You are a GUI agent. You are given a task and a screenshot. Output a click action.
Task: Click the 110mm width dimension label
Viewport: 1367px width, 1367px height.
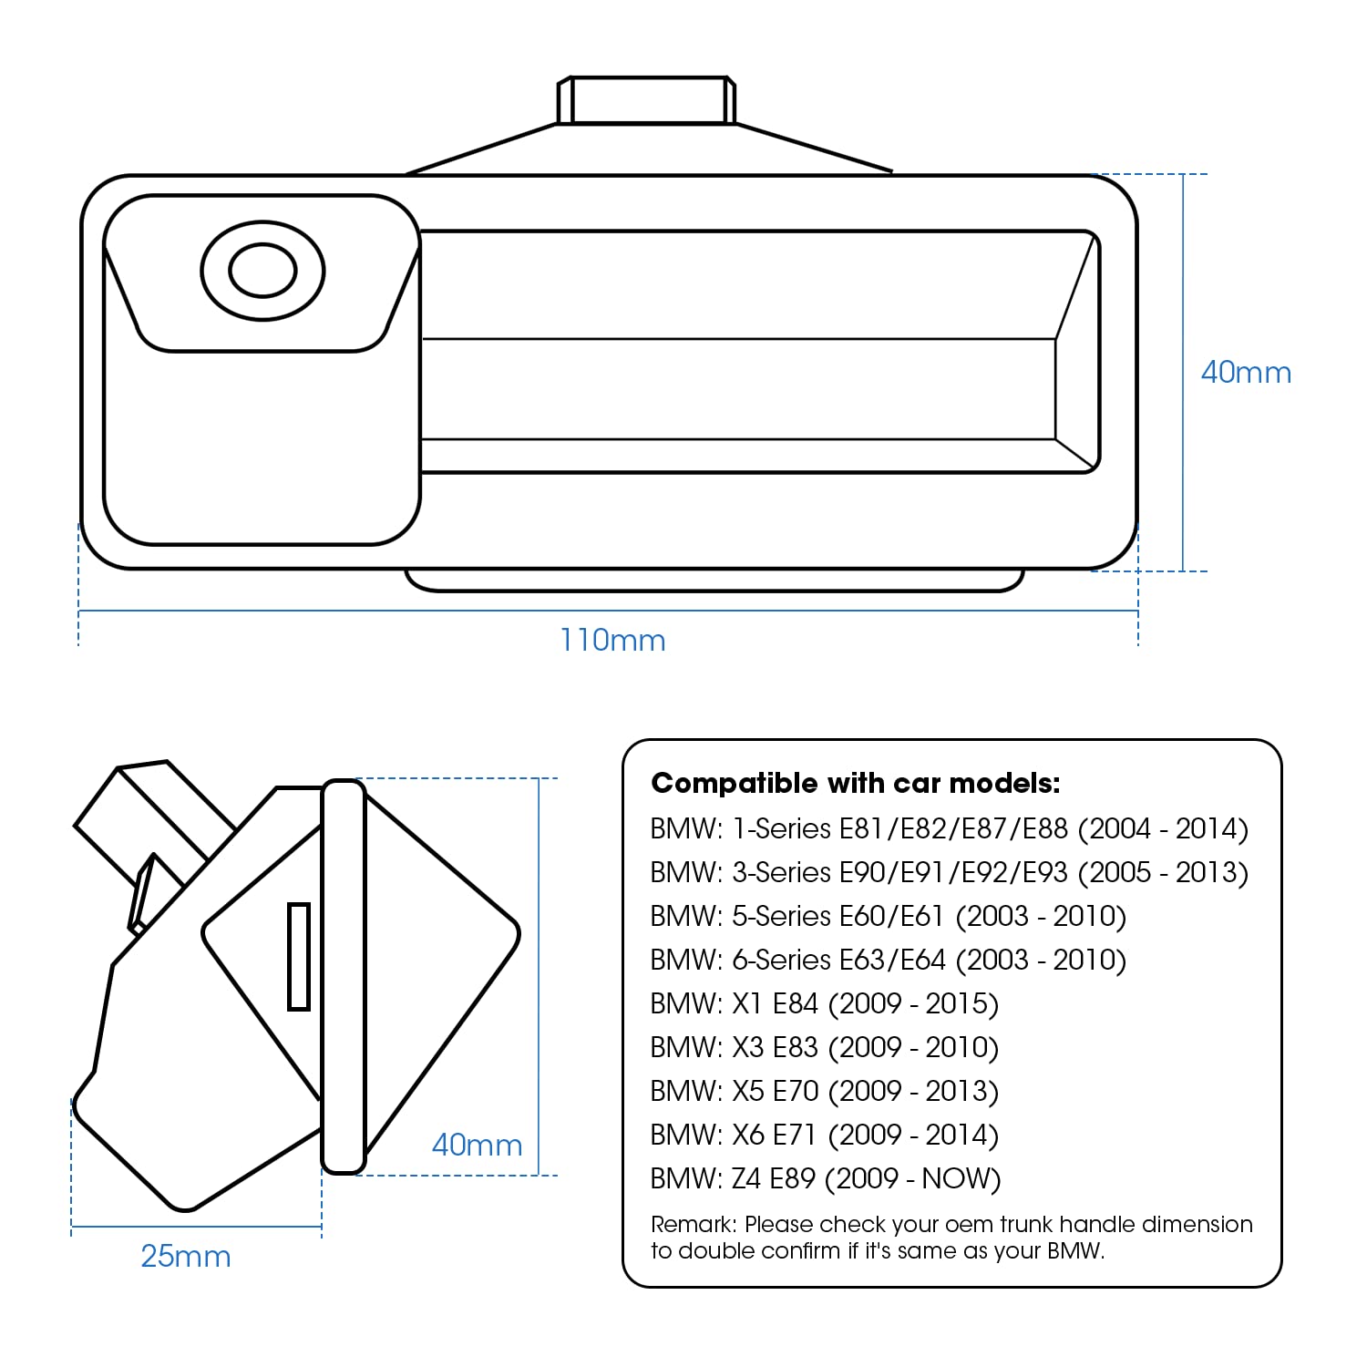coord(612,640)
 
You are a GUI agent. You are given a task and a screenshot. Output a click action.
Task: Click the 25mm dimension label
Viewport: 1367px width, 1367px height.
coord(186,1256)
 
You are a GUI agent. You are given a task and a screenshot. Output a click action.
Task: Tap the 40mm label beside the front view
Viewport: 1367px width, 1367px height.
coord(1246,372)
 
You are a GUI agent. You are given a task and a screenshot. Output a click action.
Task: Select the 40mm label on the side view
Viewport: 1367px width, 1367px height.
coord(477,1145)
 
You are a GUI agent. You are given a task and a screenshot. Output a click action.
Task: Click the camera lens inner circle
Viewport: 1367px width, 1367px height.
coord(262,271)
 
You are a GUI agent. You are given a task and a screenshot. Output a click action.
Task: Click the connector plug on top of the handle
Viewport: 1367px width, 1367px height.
coord(646,99)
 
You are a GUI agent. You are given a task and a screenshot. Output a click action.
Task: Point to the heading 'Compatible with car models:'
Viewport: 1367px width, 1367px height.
coord(856,783)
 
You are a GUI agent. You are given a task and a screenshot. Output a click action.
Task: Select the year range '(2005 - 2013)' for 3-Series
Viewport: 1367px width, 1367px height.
coord(1163,872)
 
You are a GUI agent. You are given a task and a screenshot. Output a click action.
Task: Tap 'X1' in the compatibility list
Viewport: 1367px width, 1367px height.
coord(746,1003)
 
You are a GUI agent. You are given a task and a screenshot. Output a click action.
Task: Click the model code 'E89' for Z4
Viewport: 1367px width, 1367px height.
coord(792,1178)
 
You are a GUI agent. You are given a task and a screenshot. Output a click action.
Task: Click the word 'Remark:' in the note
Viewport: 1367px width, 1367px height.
coord(693,1224)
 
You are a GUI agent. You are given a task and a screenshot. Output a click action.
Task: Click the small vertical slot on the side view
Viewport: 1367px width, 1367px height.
coord(299,956)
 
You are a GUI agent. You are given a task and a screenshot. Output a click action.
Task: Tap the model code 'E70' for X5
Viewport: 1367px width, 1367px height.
coord(795,1091)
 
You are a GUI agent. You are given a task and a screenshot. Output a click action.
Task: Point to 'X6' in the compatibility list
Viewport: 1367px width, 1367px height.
coord(747,1135)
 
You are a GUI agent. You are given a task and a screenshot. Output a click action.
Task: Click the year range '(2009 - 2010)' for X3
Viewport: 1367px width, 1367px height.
coord(913,1047)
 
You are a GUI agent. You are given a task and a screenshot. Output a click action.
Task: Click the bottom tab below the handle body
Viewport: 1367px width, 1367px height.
coord(714,581)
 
